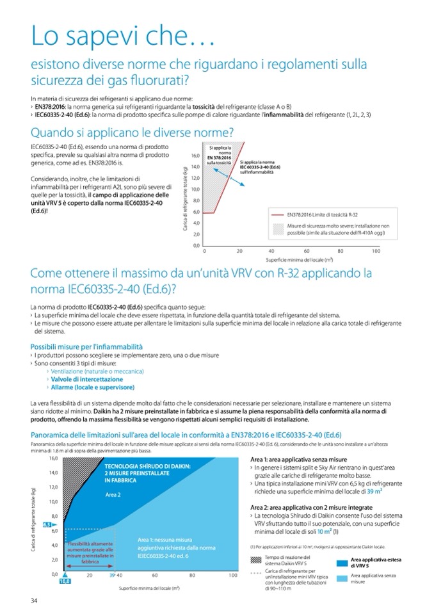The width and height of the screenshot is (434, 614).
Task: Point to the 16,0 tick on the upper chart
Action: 196,155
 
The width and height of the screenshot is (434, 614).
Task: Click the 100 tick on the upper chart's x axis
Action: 376,251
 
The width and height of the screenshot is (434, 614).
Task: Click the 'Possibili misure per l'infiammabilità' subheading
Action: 86,346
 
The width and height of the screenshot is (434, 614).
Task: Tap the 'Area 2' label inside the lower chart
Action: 113,496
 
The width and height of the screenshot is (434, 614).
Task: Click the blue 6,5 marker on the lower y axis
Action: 47,525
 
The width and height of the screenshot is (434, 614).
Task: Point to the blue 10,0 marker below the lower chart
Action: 64,582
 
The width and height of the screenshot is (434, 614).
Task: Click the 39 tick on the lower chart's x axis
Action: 111,576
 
